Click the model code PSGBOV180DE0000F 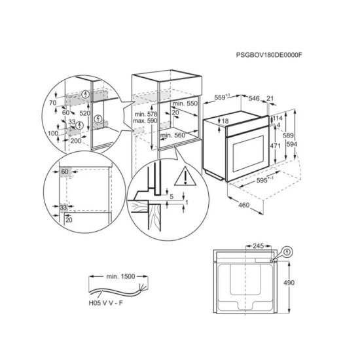(269, 55)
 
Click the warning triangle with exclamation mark (185, 176)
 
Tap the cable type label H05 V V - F (106, 303)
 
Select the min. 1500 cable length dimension (120, 276)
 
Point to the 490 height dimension (289, 283)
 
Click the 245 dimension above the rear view (259, 246)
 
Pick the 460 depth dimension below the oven (243, 205)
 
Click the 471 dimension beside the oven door (275, 145)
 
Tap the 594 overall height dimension (291, 144)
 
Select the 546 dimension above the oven (254, 98)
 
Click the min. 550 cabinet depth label (185, 103)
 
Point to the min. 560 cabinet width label (173, 135)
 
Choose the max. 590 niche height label (145, 120)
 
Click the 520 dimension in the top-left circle (84, 113)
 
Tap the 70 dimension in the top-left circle (52, 103)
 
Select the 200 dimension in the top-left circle (76, 141)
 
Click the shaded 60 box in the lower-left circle (65, 171)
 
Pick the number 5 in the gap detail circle (171, 197)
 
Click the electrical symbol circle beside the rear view (287, 253)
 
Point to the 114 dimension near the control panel (278, 118)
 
